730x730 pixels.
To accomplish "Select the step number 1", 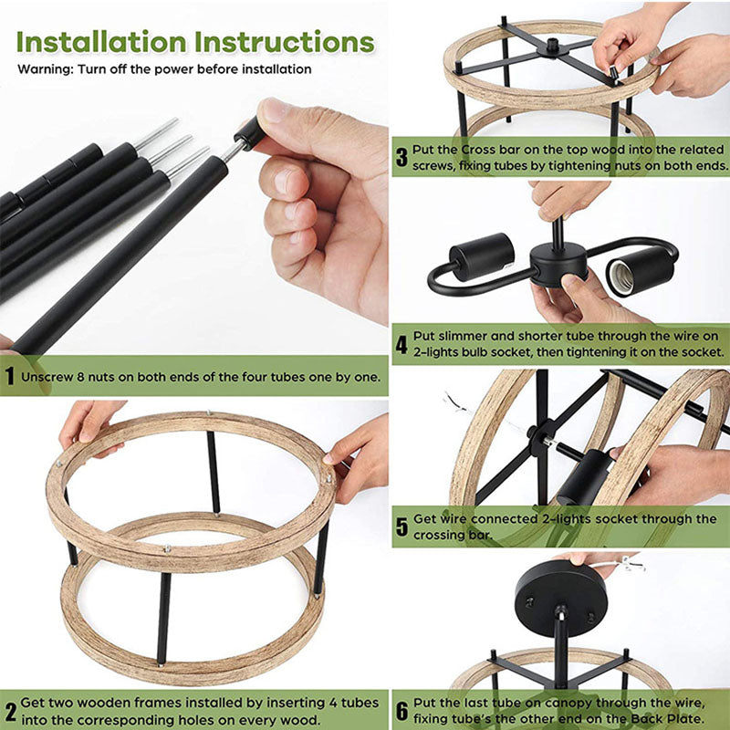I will pos(10,376).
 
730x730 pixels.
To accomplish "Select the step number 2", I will pos(10,712).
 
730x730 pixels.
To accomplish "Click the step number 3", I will pos(401,157).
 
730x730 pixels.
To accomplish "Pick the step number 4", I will pos(401,345).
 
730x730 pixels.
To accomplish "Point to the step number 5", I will pos(401,527).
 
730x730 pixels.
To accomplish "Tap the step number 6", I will pos(401,710).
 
